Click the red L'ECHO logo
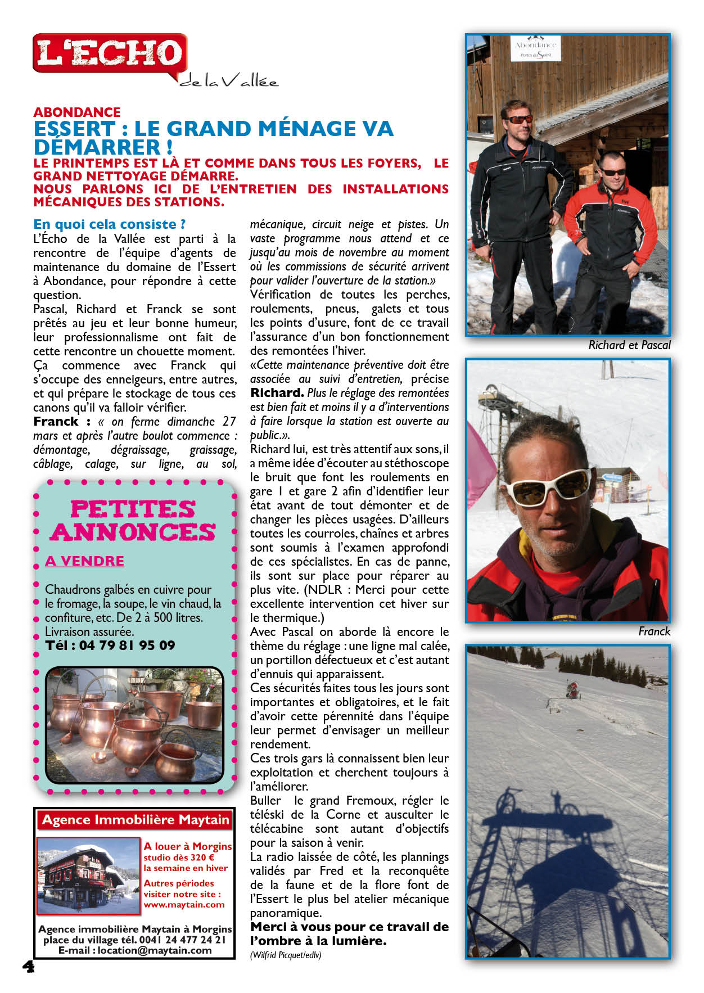pos(110,53)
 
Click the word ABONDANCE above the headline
pos(77,112)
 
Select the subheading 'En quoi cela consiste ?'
pos(110,224)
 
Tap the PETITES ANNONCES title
pos(133,521)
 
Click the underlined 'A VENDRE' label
pos(84,561)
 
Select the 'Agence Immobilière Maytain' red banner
pos(136,820)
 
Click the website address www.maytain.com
pos(184,905)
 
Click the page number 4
pos(28,967)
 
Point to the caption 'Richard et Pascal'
pos(629,345)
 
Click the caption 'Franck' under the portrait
pos(654,631)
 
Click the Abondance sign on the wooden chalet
pos(535,49)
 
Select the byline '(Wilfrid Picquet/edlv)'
pos(286,955)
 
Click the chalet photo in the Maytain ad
pos(88,875)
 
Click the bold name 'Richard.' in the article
pos(277,392)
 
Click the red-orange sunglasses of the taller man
pos(518,119)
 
